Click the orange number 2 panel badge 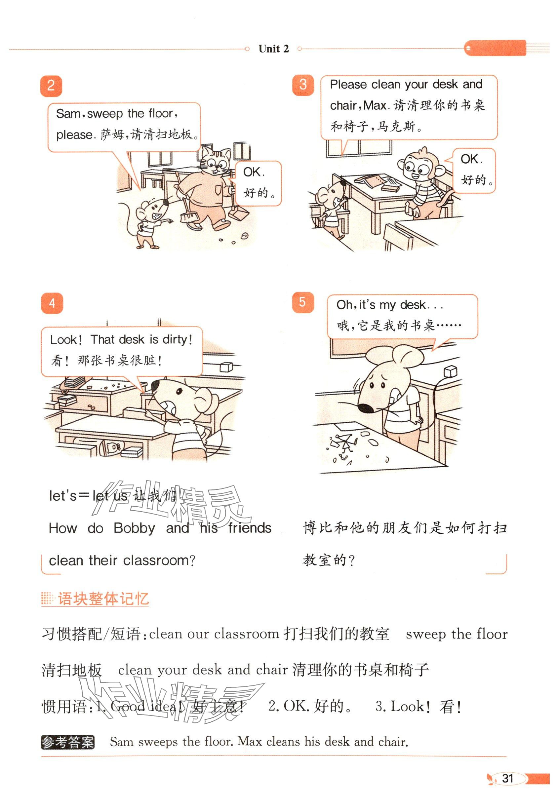click(51, 86)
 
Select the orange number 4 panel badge click(52, 303)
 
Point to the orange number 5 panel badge click(303, 302)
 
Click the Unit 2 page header click(273, 49)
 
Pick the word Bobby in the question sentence click(134, 528)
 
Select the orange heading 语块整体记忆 click(103, 599)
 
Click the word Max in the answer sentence click(250, 741)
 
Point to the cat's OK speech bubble click(258, 183)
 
